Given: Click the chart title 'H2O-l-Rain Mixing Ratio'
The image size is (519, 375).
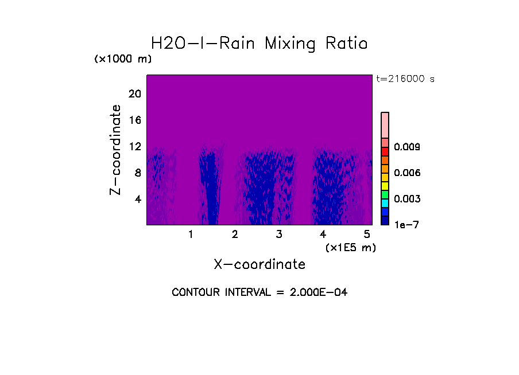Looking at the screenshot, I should (x=259, y=44).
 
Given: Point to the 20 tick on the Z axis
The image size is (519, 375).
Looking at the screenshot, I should (x=134, y=94).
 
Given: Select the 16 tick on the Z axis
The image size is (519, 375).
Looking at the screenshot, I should (x=134, y=120).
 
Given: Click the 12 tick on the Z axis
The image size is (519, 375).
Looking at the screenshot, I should (x=134, y=147).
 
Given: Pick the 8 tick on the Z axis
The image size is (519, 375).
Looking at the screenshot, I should (x=137, y=173).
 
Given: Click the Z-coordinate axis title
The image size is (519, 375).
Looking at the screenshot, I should (x=116, y=149).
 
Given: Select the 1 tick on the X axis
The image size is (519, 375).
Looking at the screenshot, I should (x=191, y=235).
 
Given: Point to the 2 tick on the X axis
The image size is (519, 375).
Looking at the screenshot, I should (x=235, y=235).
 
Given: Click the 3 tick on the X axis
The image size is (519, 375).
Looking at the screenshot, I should (x=279, y=235).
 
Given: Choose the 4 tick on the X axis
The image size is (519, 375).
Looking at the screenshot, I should (x=323, y=235).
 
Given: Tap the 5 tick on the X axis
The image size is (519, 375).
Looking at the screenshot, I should (x=367, y=235).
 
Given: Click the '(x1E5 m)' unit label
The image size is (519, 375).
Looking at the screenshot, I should (x=351, y=248).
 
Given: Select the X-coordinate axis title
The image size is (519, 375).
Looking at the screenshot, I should (x=259, y=264).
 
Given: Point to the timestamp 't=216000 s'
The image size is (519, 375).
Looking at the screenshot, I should (x=405, y=79).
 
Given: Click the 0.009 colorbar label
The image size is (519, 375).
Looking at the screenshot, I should (x=406, y=147).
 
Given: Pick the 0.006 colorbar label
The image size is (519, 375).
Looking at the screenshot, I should (x=406, y=173).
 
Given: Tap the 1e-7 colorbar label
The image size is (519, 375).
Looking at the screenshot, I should (x=406, y=225).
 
